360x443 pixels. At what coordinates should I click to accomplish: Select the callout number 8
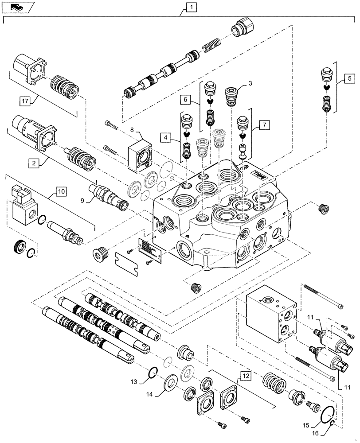133,129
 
